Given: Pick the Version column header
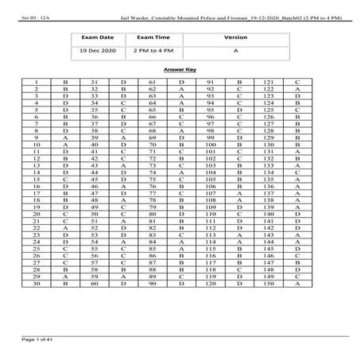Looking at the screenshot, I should (236, 37).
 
